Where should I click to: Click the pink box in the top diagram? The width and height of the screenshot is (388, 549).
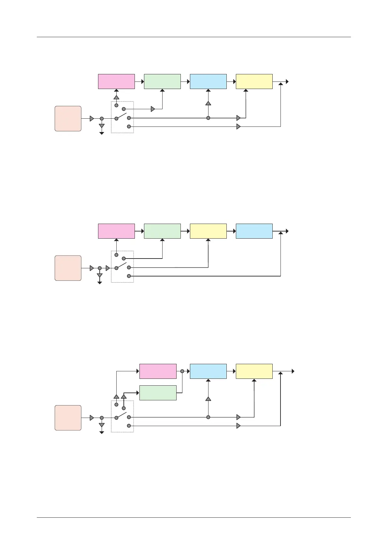pyautogui.click(x=116, y=82)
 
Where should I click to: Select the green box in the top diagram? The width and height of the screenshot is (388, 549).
pyautogui.click(x=162, y=82)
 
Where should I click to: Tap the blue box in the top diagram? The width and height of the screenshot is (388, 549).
pyautogui.click(x=208, y=82)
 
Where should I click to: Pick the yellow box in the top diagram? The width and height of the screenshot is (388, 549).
pyautogui.click(x=254, y=82)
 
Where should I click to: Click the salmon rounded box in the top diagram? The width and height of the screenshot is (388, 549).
pyautogui.click(x=68, y=119)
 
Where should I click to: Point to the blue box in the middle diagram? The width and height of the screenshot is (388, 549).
pyautogui.click(x=254, y=231)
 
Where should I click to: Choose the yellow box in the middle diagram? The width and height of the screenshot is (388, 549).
pyautogui.click(x=208, y=231)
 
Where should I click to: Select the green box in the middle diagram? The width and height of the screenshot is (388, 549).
pyautogui.click(x=162, y=231)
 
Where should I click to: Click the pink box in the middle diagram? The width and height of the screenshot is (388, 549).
pyautogui.click(x=116, y=231)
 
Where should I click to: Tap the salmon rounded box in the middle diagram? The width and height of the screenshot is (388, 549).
pyautogui.click(x=68, y=268)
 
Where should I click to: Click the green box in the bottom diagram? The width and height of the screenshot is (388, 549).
pyautogui.click(x=158, y=393)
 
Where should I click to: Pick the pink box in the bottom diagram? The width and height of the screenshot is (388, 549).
pyautogui.click(x=158, y=371)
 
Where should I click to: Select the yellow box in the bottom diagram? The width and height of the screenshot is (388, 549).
pyautogui.click(x=254, y=371)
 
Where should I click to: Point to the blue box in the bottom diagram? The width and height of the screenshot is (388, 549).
pyautogui.click(x=208, y=371)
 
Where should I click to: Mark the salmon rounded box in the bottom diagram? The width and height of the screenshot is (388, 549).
pyautogui.click(x=68, y=418)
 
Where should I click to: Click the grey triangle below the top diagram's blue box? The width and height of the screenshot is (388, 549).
pyautogui.click(x=208, y=103)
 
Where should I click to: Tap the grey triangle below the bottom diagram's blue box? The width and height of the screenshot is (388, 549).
pyautogui.click(x=208, y=399)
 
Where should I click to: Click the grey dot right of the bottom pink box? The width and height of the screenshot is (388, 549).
pyautogui.click(x=182, y=371)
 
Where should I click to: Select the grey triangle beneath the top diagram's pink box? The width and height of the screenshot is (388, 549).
pyautogui.click(x=116, y=97)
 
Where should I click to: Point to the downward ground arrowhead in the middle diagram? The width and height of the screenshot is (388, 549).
pyautogui.click(x=100, y=283)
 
